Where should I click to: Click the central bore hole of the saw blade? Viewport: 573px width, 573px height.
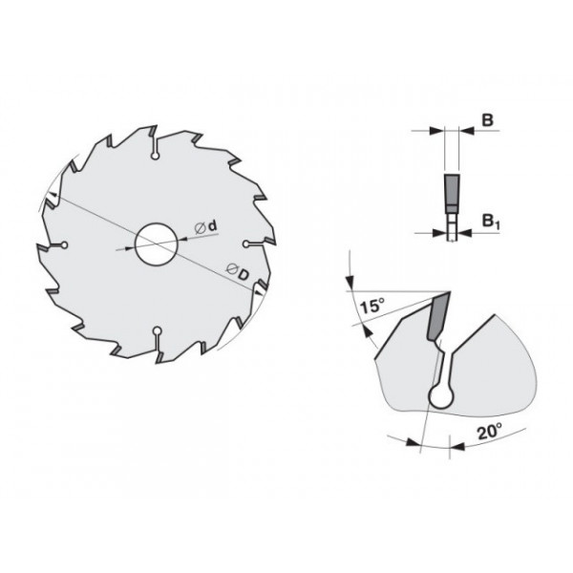point(157,244)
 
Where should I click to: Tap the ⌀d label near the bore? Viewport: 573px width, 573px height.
point(207,227)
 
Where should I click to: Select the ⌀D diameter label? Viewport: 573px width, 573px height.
point(238,271)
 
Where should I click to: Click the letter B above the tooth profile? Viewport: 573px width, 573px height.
point(487,120)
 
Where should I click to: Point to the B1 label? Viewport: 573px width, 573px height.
point(491,222)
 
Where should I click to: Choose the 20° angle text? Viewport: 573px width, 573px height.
point(490,433)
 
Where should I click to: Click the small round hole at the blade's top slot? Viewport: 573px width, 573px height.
point(156,157)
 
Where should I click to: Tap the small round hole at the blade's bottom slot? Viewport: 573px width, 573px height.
point(158,331)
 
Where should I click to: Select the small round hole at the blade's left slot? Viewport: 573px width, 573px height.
point(64,244)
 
